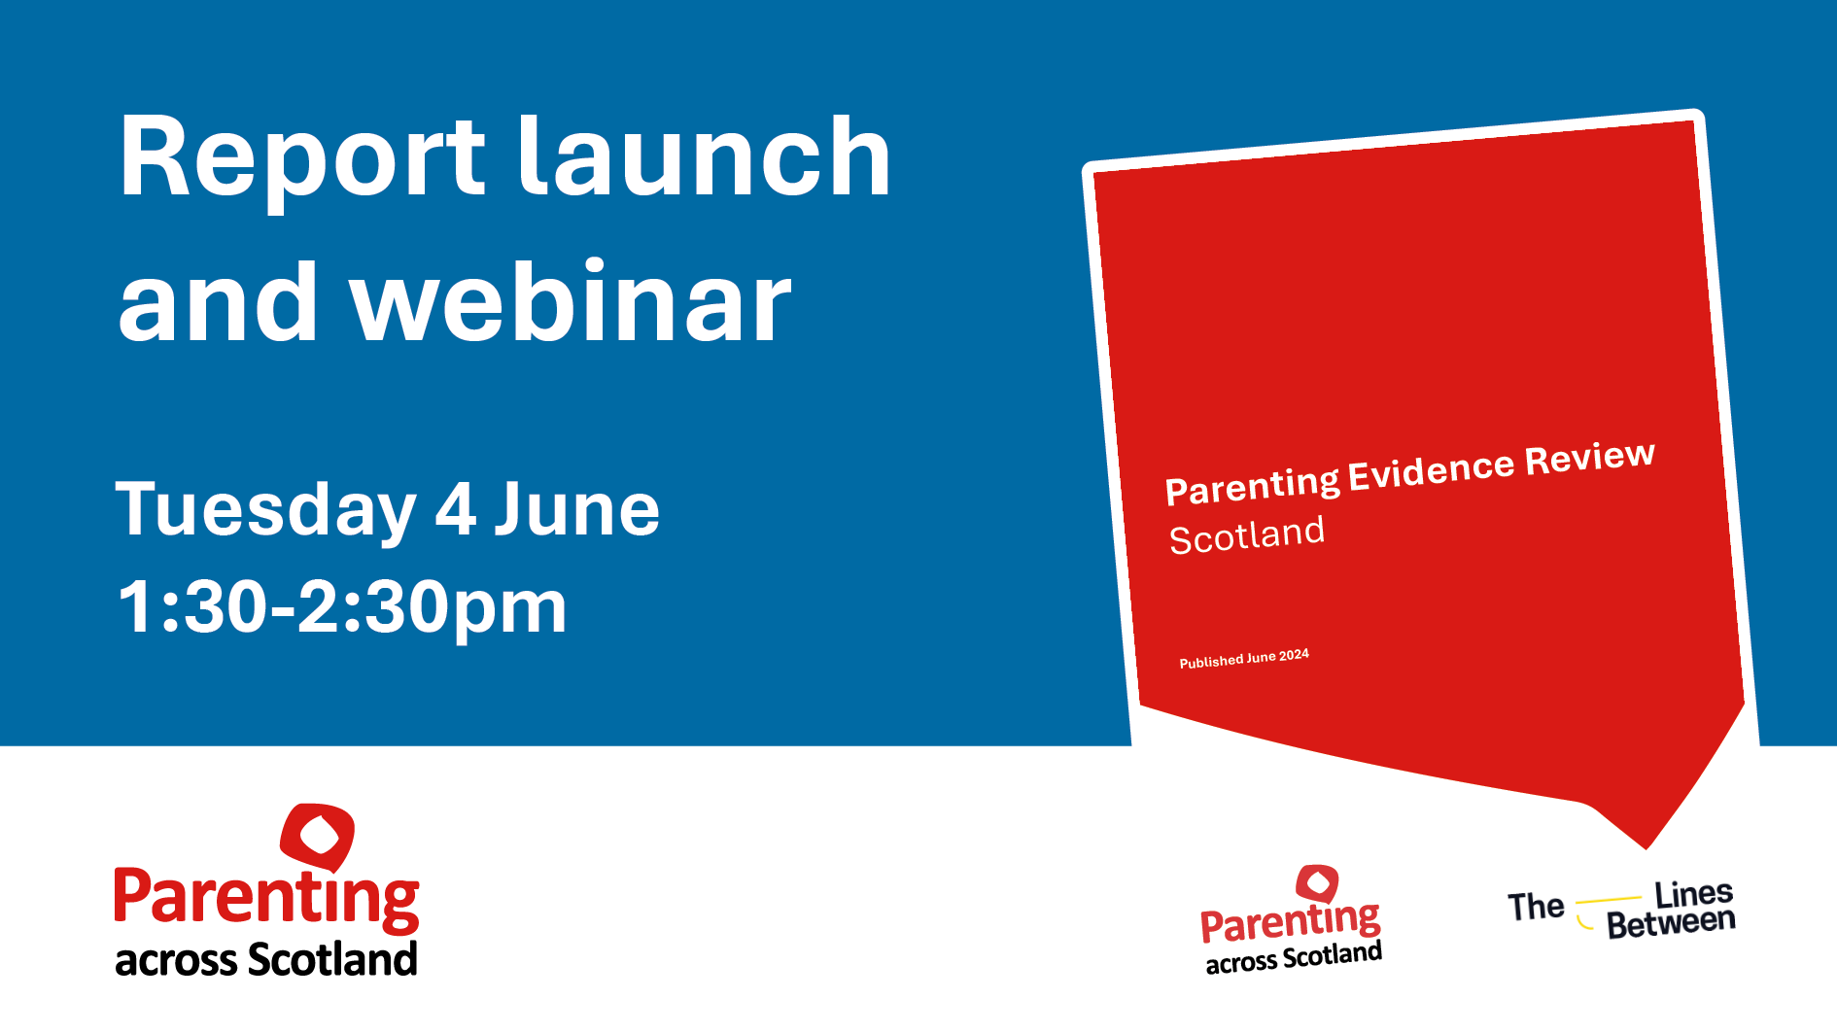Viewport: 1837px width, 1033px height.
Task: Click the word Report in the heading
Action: (x=301, y=158)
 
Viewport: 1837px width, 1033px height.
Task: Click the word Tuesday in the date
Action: (x=265, y=509)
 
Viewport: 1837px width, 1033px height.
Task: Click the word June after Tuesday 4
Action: (x=576, y=509)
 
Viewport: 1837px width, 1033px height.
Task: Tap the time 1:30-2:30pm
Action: (x=341, y=606)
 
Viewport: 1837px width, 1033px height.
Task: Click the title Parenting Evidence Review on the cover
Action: (x=1409, y=472)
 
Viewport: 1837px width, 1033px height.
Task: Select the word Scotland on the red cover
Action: (x=1246, y=535)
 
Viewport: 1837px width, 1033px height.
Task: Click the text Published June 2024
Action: (x=1244, y=659)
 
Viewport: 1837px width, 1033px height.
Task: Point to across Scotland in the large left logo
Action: (x=266, y=960)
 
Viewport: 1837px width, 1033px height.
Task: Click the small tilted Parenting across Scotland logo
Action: (x=1291, y=923)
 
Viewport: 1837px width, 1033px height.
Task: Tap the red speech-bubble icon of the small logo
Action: (x=1318, y=883)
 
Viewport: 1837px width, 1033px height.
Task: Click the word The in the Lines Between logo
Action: (x=1535, y=907)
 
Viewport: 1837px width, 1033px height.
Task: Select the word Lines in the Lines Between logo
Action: (x=1693, y=893)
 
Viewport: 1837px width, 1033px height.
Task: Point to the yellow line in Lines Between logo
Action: (x=1608, y=900)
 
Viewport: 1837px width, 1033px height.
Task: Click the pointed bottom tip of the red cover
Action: (x=1646, y=844)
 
